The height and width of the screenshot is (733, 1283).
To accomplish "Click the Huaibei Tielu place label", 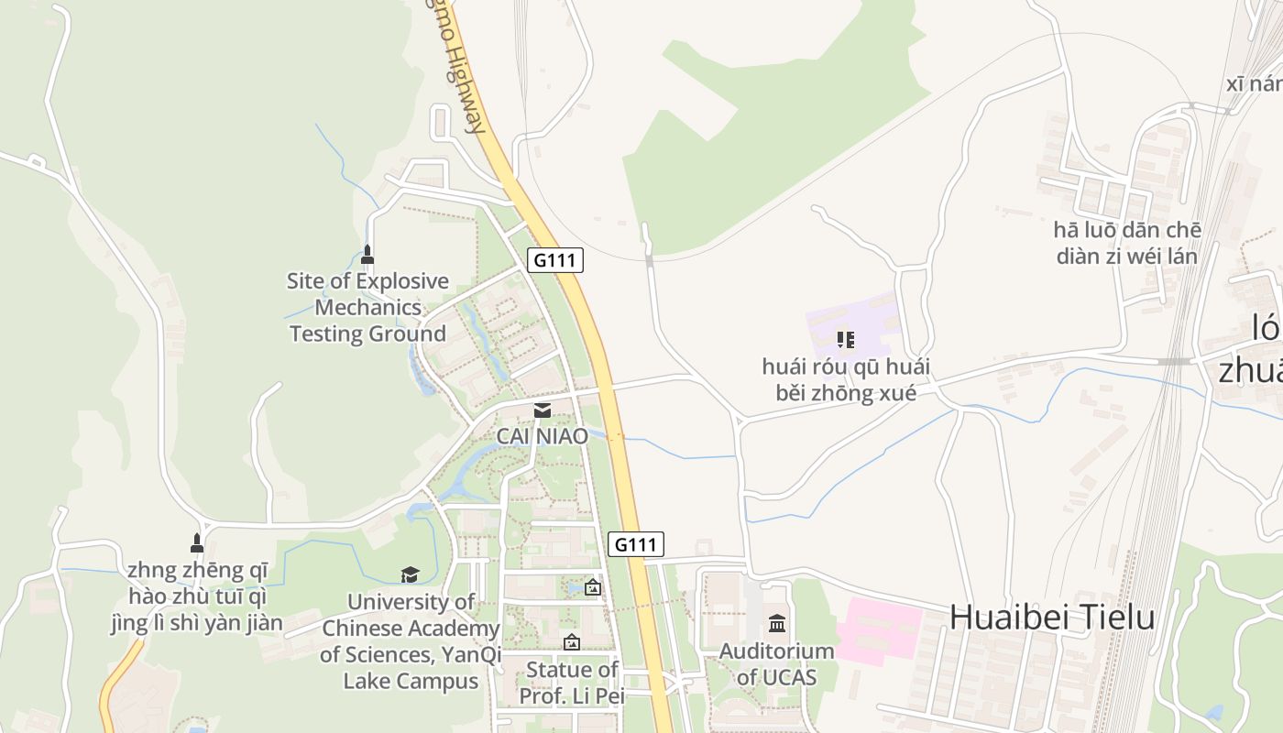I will click(x=1051, y=617).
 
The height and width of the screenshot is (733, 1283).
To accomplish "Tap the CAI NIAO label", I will click(x=542, y=436).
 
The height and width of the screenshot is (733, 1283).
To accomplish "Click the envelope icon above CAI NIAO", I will click(x=543, y=410).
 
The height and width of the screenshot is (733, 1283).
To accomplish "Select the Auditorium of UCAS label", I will click(x=776, y=664).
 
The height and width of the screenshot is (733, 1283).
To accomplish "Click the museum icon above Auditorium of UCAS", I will click(x=777, y=624).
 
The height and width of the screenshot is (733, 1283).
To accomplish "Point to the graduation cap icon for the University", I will click(x=410, y=574).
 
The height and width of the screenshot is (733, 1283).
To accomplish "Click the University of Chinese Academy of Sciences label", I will click(x=410, y=641).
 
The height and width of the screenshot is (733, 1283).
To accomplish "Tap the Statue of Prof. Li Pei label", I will click(x=572, y=683).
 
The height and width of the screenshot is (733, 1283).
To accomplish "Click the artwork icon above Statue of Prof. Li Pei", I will click(x=572, y=642).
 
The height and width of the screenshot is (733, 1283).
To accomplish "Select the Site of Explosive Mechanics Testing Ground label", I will click(x=368, y=307).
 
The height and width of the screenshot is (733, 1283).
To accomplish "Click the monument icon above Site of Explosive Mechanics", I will click(x=367, y=254).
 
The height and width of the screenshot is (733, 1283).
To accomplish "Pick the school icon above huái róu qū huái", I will click(x=846, y=340).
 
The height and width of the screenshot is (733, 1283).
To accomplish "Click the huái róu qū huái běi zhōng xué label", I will click(x=846, y=380).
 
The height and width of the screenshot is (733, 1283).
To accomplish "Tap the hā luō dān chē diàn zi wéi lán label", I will click(x=1127, y=243).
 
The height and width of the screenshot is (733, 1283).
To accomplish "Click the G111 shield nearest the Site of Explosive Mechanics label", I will click(x=555, y=260).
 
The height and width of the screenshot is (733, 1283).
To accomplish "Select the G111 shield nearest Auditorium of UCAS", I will click(x=636, y=544).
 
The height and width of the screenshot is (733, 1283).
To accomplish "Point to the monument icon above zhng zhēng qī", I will click(x=196, y=542).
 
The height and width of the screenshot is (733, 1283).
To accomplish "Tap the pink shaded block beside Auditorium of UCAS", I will click(x=878, y=630).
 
